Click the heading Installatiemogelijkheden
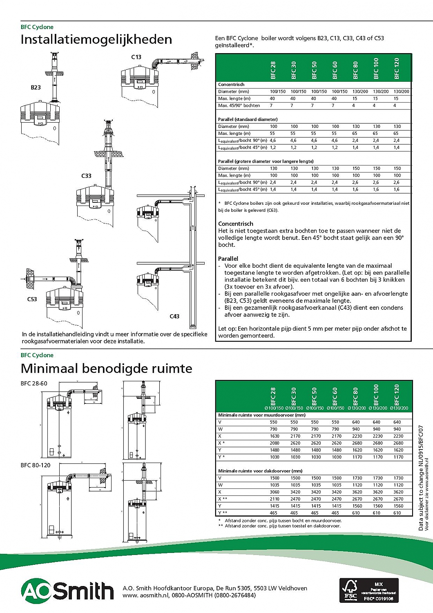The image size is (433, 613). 96,40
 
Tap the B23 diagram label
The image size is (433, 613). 36,87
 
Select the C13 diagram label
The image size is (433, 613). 136,57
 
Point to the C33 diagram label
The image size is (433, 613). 86,176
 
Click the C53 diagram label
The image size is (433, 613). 32,299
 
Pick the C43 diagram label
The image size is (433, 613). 174,316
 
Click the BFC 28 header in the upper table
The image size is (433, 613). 273,70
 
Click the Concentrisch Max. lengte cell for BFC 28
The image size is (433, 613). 272,98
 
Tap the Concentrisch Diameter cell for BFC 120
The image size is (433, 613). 401,92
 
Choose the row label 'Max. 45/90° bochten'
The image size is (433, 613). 239,105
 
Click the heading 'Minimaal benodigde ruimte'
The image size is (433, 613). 106,369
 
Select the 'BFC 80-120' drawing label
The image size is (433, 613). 36,465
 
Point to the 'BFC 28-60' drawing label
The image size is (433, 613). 34,383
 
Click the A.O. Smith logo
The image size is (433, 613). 67,591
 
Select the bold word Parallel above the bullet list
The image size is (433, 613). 228,259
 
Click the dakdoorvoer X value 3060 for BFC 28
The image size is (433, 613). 275,492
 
